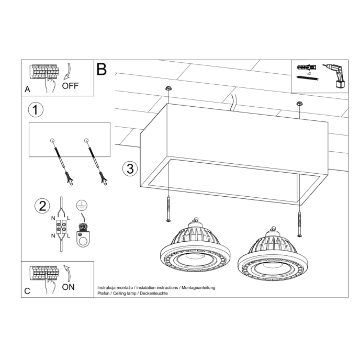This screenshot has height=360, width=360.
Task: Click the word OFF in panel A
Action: (70, 86)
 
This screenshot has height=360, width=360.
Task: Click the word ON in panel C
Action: (68, 287)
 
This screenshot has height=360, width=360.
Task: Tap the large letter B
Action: (102, 70)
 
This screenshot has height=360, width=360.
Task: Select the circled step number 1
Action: (35, 110)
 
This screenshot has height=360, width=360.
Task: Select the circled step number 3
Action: (130, 168)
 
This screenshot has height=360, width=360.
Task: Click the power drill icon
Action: (335, 75)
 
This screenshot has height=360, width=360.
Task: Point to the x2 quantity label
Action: (309, 74)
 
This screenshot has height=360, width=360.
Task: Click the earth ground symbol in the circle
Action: (81, 205)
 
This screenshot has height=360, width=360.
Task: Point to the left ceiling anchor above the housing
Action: (168, 89)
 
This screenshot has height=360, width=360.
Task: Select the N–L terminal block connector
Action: (61, 228)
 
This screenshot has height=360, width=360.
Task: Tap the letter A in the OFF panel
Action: (27, 89)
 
